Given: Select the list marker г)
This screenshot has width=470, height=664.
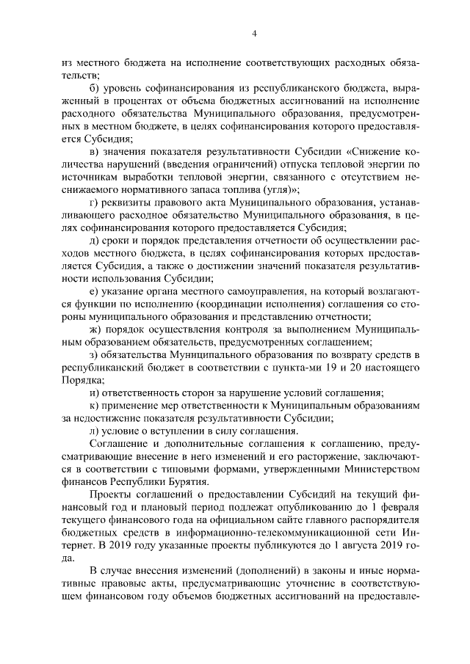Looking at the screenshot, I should coord(94,202).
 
